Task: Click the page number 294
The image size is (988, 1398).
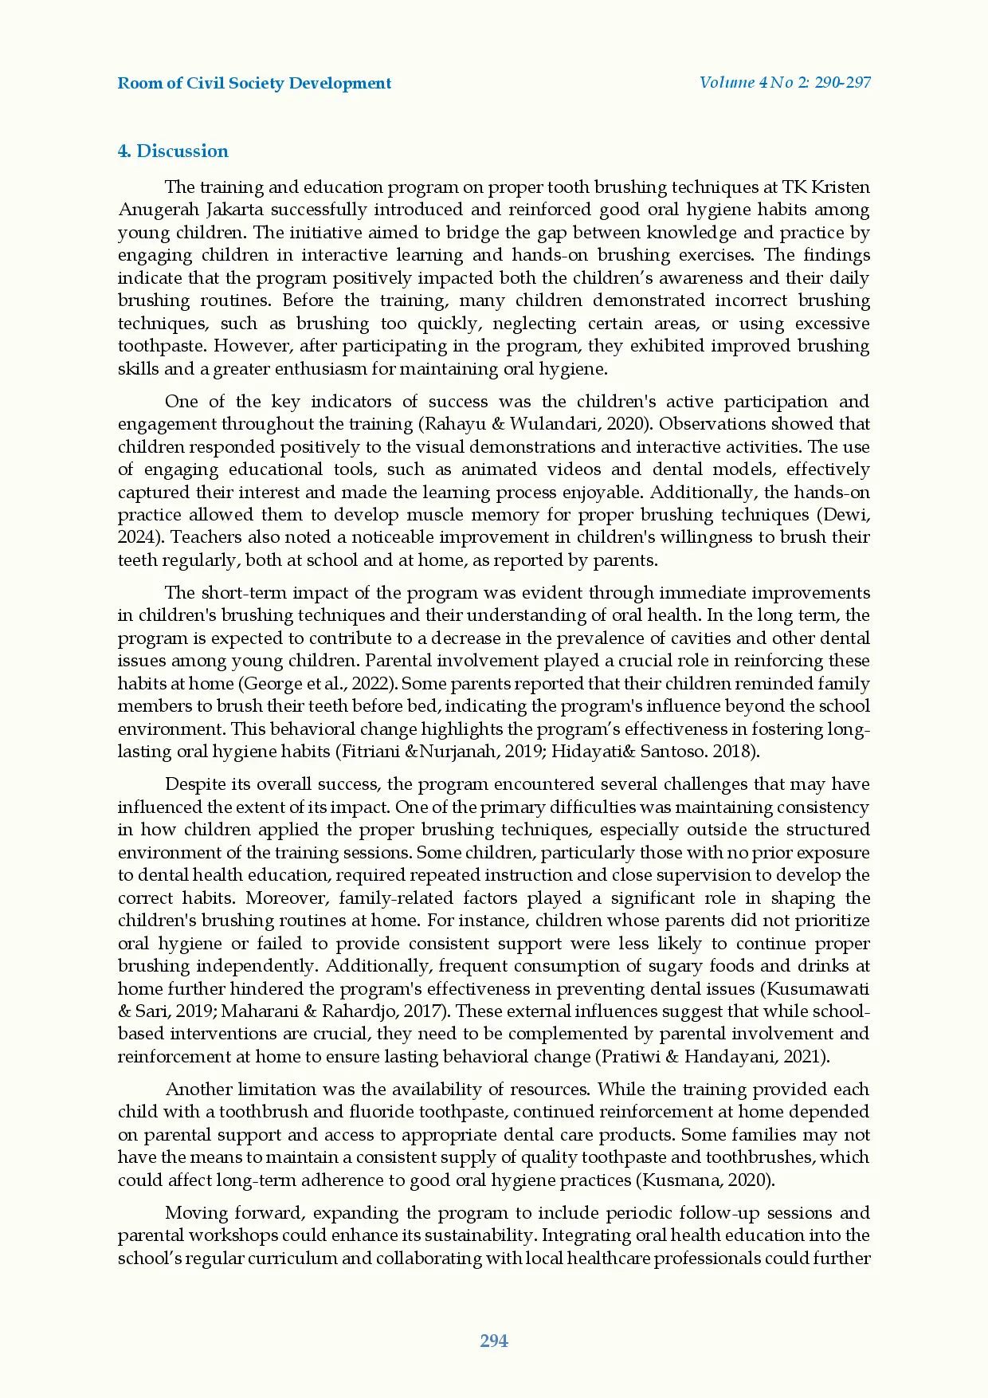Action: pos(494,1341)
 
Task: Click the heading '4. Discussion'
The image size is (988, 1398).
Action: pos(173,151)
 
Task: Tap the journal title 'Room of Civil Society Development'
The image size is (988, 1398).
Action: pos(254,83)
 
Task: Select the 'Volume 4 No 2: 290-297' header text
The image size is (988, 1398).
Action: pos(784,82)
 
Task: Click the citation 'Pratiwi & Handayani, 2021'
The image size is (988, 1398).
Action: pos(712,1057)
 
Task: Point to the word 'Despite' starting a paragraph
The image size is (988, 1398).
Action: pos(194,784)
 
